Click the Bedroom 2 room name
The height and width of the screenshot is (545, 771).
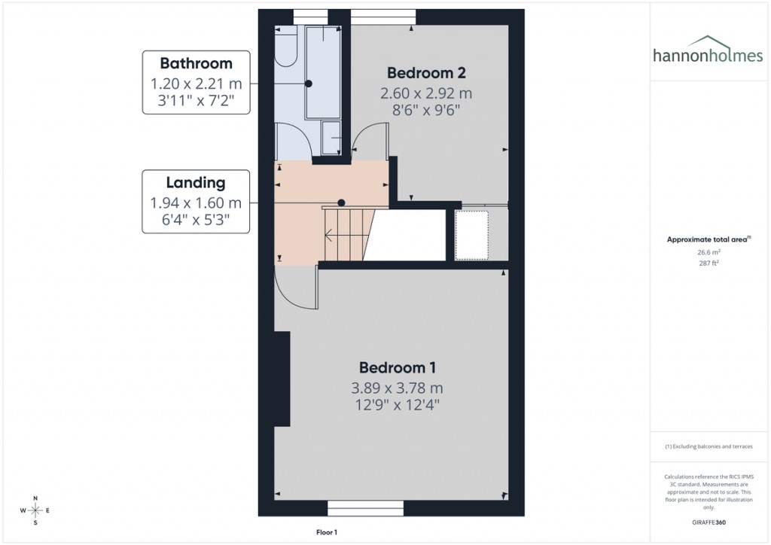point(426,73)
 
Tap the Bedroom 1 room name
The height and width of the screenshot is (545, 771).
point(398,368)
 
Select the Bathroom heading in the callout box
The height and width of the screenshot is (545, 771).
point(196,63)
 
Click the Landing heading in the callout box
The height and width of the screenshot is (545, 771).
point(196,182)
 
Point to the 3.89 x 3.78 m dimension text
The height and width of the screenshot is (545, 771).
point(397,388)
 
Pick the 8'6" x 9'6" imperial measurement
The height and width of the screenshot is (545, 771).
point(426,110)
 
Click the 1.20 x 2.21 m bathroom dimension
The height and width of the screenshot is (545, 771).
point(196,83)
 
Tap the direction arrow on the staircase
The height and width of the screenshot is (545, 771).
point(330,236)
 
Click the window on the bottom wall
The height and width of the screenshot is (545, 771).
point(365,508)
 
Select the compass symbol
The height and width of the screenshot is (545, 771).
point(35,510)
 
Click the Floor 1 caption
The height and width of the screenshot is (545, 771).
point(327,532)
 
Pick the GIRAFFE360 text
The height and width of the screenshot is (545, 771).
point(708,522)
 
